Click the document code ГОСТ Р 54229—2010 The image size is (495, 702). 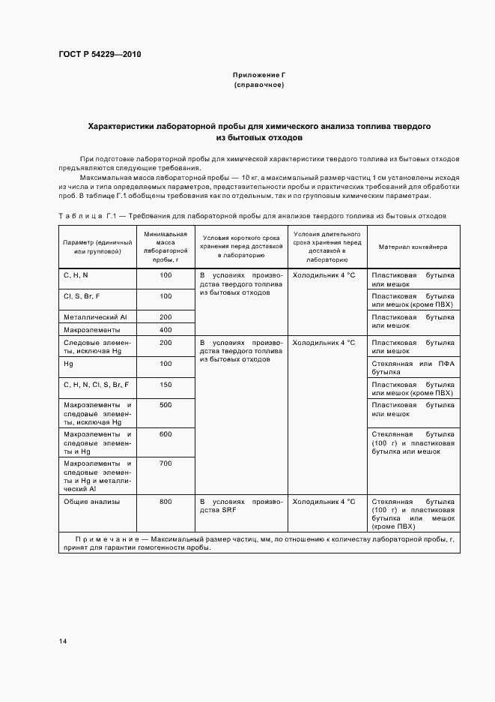click(x=100, y=55)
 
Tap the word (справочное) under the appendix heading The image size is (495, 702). click(x=258, y=85)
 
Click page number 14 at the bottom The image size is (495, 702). click(x=63, y=641)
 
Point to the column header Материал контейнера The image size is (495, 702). click(x=413, y=246)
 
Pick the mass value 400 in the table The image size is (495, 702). click(x=165, y=330)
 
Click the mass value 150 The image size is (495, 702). click(x=165, y=385)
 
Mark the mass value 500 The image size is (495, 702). click(x=165, y=405)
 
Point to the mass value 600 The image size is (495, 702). click(x=165, y=434)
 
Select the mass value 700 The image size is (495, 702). click(x=165, y=463)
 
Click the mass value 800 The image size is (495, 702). click(x=165, y=501)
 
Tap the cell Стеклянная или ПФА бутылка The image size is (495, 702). click(x=413, y=367)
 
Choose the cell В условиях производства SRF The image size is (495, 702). click(x=240, y=505)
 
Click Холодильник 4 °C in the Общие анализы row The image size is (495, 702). click(x=324, y=501)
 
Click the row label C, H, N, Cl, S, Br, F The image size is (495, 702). click(x=97, y=385)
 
